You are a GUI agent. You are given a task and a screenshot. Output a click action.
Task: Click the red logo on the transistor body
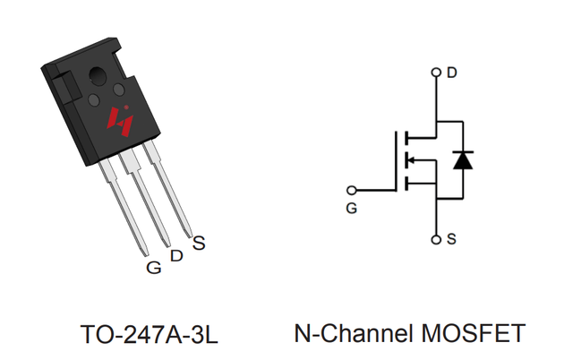click(120, 122)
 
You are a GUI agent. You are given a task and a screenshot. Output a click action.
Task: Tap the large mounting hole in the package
click(98, 75)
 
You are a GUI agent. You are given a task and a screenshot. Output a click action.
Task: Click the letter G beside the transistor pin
click(154, 268)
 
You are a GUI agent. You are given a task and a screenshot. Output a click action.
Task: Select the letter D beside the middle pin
click(176, 256)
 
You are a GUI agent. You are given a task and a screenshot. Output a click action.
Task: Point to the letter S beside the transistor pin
click(199, 243)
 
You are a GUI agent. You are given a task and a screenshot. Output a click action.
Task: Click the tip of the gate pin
click(145, 254)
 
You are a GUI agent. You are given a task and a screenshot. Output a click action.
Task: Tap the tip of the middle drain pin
click(167, 244)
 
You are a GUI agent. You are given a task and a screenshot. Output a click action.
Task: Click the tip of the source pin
click(189, 236)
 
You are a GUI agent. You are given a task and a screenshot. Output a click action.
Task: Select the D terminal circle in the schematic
click(436, 73)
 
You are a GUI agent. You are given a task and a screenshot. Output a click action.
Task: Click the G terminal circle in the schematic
click(351, 191)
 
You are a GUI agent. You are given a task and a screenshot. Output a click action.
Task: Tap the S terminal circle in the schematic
click(436, 240)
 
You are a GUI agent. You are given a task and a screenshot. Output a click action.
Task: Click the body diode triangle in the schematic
click(463, 160)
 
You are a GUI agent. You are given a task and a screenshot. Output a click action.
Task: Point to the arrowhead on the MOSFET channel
click(410, 159)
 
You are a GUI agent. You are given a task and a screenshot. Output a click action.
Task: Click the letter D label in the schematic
click(452, 73)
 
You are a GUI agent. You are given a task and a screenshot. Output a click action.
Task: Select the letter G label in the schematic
click(352, 209)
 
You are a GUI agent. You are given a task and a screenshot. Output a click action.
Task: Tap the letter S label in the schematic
click(451, 239)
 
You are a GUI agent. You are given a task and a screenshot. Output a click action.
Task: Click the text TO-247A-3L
click(150, 334)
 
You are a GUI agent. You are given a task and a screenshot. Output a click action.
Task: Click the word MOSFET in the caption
click(474, 333)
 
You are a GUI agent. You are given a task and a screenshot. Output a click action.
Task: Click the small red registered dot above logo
click(126, 107)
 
